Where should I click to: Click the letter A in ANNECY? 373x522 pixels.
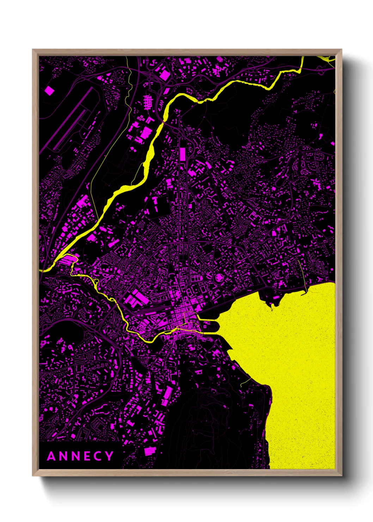coord(51,456)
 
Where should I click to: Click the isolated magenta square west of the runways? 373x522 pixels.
coord(50,91)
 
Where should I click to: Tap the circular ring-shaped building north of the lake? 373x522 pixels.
coord(219,277)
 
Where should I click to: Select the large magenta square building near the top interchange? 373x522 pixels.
coord(165,74)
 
